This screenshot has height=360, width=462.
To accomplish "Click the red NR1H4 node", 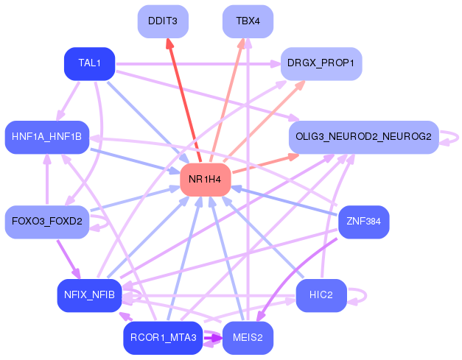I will coord(206,180).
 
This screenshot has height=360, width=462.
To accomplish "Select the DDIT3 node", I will coord(163,21).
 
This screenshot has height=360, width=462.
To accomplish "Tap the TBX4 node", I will coord(248,21).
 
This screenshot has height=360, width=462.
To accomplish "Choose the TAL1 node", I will coord(90,63).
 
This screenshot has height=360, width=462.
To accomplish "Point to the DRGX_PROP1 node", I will coord(321,63).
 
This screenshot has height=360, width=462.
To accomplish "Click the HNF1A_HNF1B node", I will coord(47,137).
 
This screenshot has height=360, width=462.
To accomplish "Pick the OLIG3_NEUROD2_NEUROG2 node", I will coord(364,137).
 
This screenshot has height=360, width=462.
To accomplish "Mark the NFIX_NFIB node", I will coord(90,295).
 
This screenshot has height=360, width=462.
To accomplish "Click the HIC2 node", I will coord(321,295).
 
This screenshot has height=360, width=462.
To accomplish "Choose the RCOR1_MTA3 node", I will coord(163,338).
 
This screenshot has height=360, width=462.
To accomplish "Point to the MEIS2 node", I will coord(248,338).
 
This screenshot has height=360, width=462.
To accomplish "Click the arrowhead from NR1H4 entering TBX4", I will coord(242,43).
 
